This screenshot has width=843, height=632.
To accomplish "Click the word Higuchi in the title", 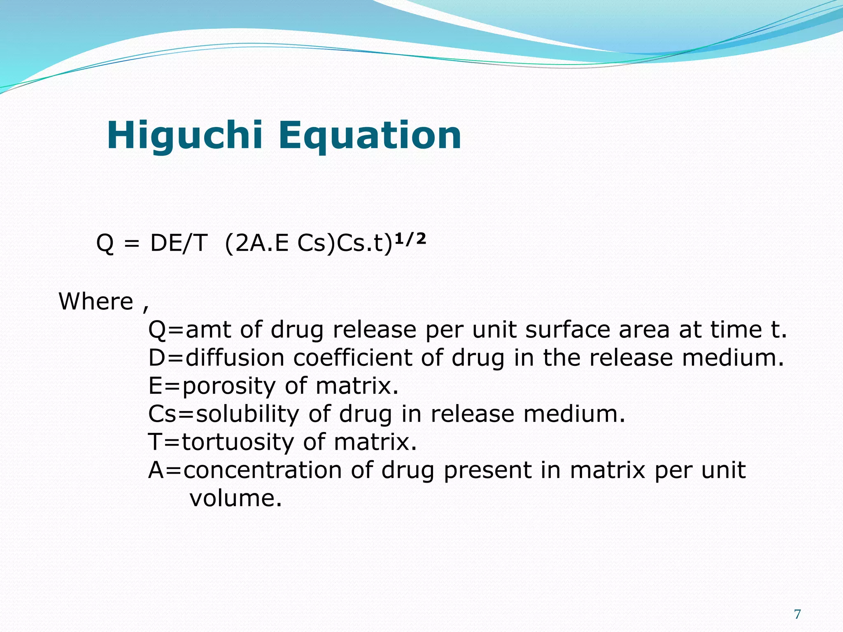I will pyautogui.click(x=184, y=136).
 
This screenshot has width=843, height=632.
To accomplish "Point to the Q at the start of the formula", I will pyautogui.click(x=105, y=243).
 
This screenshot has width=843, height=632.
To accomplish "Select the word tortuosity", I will pyautogui.click(x=238, y=442).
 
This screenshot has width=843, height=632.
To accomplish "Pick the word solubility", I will pyautogui.click(x=247, y=414).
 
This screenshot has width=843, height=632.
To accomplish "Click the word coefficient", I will pyautogui.click(x=352, y=358).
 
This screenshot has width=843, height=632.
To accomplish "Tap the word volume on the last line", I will pyautogui.click(x=235, y=498).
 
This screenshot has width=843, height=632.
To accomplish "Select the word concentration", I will pyautogui.click(x=262, y=470).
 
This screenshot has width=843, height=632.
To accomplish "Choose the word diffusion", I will pyautogui.click(x=235, y=358).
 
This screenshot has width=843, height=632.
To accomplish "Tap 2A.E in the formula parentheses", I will pyautogui.click(x=262, y=243).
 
